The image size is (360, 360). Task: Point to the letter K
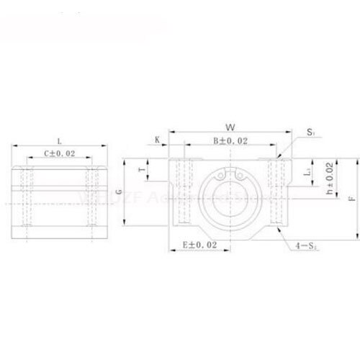(x=157, y=141)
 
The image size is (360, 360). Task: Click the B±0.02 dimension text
(x=230, y=141)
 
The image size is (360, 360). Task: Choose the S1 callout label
(x=310, y=132)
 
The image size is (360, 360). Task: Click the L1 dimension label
(x=308, y=173)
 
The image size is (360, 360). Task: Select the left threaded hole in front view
(x=184, y=191)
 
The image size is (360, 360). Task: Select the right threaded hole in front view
(x=276, y=191)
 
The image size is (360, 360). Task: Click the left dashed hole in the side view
(x=28, y=196)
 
